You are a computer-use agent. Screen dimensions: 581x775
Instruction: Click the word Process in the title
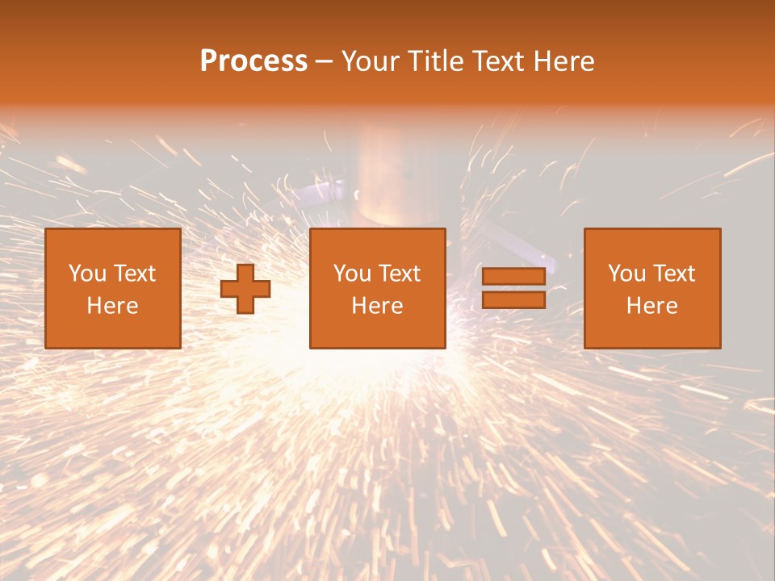(x=253, y=61)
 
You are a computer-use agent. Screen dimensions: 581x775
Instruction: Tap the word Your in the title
(x=371, y=61)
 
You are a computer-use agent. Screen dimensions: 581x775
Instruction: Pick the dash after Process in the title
(x=325, y=62)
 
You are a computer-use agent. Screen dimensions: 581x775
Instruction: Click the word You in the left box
(x=87, y=274)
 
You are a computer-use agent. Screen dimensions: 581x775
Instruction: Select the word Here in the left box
(x=113, y=306)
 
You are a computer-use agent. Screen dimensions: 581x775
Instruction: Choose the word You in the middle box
(x=352, y=274)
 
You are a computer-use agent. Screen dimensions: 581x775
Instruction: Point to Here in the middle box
(x=378, y=306)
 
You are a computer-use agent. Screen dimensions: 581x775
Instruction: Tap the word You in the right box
(x=626, y=274)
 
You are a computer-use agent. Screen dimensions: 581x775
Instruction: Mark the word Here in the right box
(x=652, y=306)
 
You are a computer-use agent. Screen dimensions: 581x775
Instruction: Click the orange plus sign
(x=245, y=288)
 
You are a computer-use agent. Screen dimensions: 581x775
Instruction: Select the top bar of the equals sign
(x=513, y=277)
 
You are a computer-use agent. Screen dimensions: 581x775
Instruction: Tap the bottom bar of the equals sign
(x=513, y=299)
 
